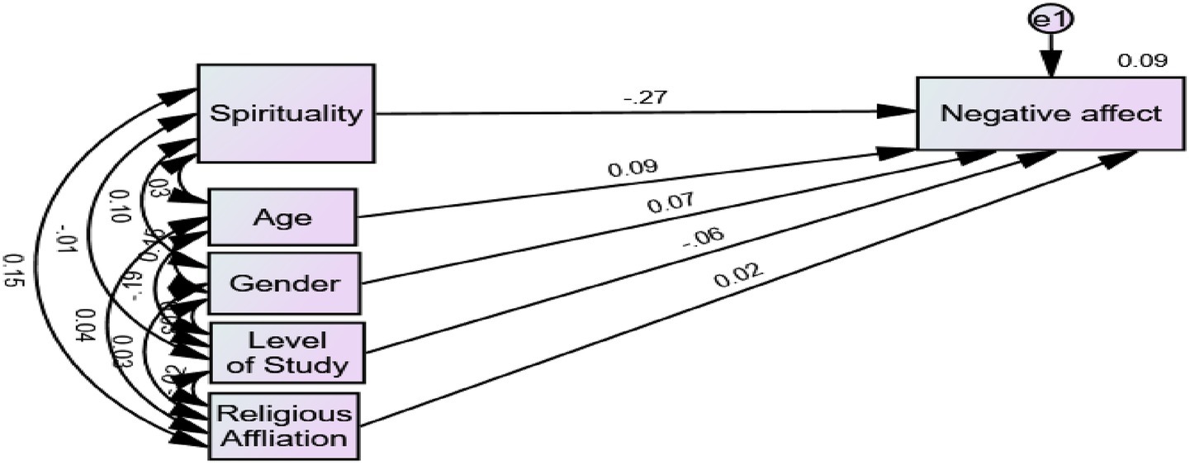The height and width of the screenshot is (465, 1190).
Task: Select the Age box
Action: [282, 217]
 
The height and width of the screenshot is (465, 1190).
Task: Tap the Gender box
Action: [283, 283]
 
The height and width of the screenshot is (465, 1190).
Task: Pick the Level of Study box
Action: [287, 352]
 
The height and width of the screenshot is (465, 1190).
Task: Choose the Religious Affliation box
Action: [284, 425]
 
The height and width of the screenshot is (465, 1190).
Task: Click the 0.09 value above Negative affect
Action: [1141, 60]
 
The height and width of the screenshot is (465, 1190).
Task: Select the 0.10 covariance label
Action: [118, 206]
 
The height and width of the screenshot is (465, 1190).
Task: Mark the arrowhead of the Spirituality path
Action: [900, 111]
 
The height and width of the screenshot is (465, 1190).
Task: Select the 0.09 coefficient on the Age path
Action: [633, 168]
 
